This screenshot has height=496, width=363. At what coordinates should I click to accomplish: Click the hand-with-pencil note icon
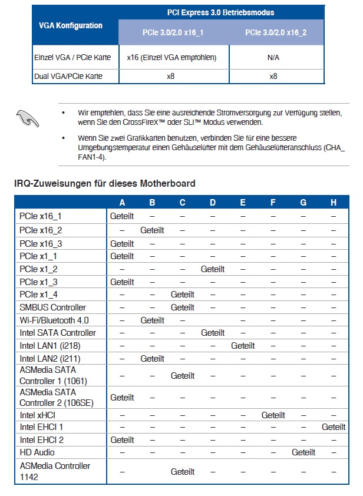click(27, 118)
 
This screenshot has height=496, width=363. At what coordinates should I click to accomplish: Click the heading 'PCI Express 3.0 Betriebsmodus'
click(221, 12)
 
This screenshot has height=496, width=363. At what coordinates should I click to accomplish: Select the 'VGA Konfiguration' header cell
click(71, 25)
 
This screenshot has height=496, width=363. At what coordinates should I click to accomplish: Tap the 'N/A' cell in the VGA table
click(273, 58)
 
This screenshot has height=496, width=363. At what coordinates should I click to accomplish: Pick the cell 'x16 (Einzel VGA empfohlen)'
click(171, 58)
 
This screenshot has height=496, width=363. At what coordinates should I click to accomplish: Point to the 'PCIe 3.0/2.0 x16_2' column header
click(275, 32)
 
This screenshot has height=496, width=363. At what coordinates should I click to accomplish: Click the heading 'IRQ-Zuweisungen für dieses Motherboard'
click(105, 184)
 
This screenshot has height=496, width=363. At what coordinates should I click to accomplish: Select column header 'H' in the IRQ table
click(334, 203)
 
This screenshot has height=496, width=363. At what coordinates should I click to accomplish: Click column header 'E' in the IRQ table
click(243, 203)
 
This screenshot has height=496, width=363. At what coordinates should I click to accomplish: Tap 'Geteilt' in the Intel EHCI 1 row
click(334, 427)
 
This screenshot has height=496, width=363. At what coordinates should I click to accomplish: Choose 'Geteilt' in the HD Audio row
click(303, 452)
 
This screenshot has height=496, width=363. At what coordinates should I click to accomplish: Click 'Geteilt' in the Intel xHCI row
click(273, 415)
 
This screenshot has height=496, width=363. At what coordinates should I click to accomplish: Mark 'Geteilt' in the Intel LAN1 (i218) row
click(243, 346)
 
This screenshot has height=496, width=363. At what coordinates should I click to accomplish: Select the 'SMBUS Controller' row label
click(53, 307)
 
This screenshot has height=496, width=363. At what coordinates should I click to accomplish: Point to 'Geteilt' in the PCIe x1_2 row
click(213, 269)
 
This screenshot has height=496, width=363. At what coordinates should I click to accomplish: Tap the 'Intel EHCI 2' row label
click(42, 439)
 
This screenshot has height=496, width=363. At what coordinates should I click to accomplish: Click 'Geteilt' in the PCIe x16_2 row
click(152, 230)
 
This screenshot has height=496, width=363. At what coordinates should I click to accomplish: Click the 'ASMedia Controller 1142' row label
click(55, 471)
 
